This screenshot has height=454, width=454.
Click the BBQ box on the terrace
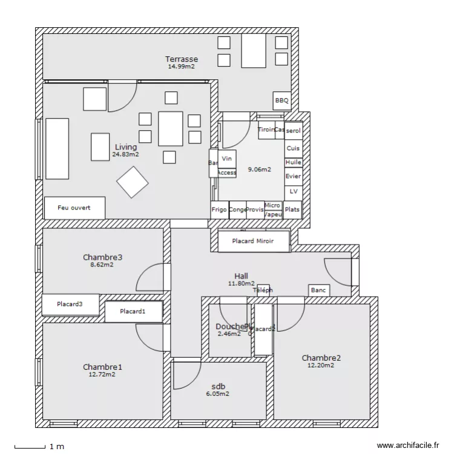(x=282, y=101)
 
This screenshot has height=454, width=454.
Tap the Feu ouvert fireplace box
(x=74, y=208)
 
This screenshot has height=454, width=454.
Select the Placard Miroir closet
(x=253, y=241)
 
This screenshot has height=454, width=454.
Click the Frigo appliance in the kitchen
(x=219, y=209)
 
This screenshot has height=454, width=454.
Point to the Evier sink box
(x=293, y=176)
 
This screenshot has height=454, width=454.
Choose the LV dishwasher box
(x=293, y=191)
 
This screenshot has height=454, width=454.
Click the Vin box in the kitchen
(x=227, y=159)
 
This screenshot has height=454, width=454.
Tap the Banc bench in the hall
(x=318, y=291)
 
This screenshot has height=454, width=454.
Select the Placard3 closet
(x=70, y=304)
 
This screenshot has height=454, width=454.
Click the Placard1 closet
(x=133, y=312)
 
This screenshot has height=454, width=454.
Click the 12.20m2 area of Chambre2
(x=321, y=365)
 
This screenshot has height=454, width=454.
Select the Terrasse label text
(x=182, y=59)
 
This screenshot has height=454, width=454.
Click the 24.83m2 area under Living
(x=125, y=154)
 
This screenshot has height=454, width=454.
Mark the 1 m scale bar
(x=30, y=447)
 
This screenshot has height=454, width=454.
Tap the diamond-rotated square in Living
(x=133, y=182)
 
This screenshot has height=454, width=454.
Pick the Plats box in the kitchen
(x=292, y=209)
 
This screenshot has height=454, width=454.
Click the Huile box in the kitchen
(x=293, y=162)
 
